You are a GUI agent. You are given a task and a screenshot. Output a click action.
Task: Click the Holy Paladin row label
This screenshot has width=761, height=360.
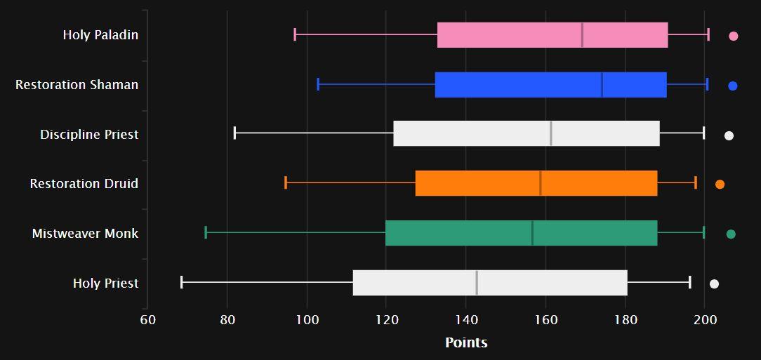(100, 35)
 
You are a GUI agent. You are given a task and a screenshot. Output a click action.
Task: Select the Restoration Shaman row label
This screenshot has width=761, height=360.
(77, 85)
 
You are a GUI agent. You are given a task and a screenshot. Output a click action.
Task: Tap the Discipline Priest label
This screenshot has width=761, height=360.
(89, 134)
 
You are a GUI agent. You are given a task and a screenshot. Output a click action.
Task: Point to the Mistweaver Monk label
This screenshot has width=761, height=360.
(85, 234)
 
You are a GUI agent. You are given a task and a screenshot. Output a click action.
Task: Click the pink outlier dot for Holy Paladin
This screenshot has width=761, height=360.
(733, 36)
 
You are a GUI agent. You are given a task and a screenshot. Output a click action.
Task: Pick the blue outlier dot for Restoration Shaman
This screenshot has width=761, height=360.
(732, 86)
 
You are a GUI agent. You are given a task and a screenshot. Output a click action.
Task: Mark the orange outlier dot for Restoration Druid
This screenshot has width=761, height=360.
(720, 184)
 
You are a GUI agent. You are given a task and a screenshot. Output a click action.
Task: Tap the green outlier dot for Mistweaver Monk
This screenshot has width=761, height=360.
(731, 234)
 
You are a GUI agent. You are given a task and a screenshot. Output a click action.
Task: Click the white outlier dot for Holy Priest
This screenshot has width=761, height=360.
(714, 284)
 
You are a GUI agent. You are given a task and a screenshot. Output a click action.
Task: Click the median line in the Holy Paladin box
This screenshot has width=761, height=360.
(582, 35)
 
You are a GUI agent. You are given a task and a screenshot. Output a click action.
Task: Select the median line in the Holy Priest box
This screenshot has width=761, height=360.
(477, 282)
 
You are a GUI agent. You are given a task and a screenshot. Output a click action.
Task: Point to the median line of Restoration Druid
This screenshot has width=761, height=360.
(541, 183)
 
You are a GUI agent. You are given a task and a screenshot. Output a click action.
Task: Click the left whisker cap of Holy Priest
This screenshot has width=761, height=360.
(182, 282)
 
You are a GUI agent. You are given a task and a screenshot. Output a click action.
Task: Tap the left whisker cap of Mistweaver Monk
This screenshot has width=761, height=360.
(206, 232)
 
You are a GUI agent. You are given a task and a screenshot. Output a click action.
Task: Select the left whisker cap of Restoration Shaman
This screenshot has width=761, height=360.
(318, 84)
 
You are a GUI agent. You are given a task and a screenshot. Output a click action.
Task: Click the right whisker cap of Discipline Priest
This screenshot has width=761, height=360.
(703, 133)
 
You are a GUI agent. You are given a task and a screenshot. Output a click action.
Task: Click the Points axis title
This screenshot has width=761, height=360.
(466, 342)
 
